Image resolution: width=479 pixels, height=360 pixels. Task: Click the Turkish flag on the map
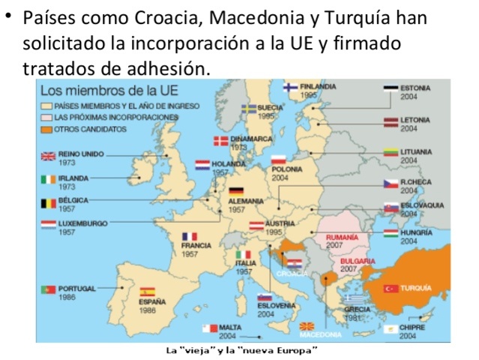point(389,289)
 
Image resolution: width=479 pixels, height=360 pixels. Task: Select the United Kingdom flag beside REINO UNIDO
point(47,156)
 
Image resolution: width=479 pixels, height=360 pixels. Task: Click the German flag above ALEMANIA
point(236,191)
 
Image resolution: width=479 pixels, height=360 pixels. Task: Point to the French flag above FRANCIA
point(189,236)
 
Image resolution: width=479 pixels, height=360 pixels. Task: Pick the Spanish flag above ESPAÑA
point(147,292)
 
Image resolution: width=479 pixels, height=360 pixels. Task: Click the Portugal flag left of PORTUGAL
point(46,289)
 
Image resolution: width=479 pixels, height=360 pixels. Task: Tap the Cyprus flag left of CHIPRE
point(389,329)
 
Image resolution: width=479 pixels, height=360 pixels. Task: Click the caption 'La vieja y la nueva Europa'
point(242,350)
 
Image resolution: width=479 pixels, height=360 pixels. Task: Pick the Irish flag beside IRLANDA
point(47,180)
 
